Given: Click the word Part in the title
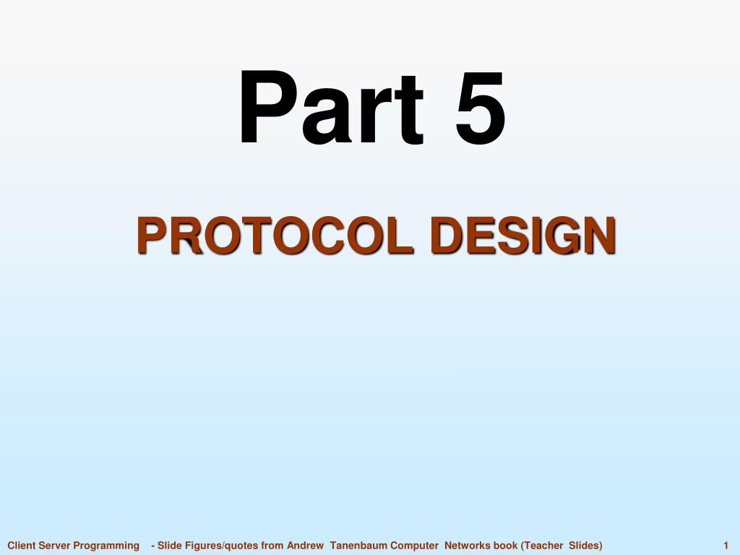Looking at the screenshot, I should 330,108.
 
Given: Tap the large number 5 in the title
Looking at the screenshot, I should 479,108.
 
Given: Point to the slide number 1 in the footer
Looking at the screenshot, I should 725,546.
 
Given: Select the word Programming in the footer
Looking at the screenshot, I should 106,546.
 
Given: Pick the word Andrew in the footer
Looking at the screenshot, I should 305,546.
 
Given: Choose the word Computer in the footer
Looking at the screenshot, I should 415,546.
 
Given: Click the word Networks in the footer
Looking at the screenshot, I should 468,546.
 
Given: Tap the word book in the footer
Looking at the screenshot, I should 506,546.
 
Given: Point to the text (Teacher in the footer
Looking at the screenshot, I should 542,546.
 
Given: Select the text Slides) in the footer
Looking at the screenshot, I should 585,546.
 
